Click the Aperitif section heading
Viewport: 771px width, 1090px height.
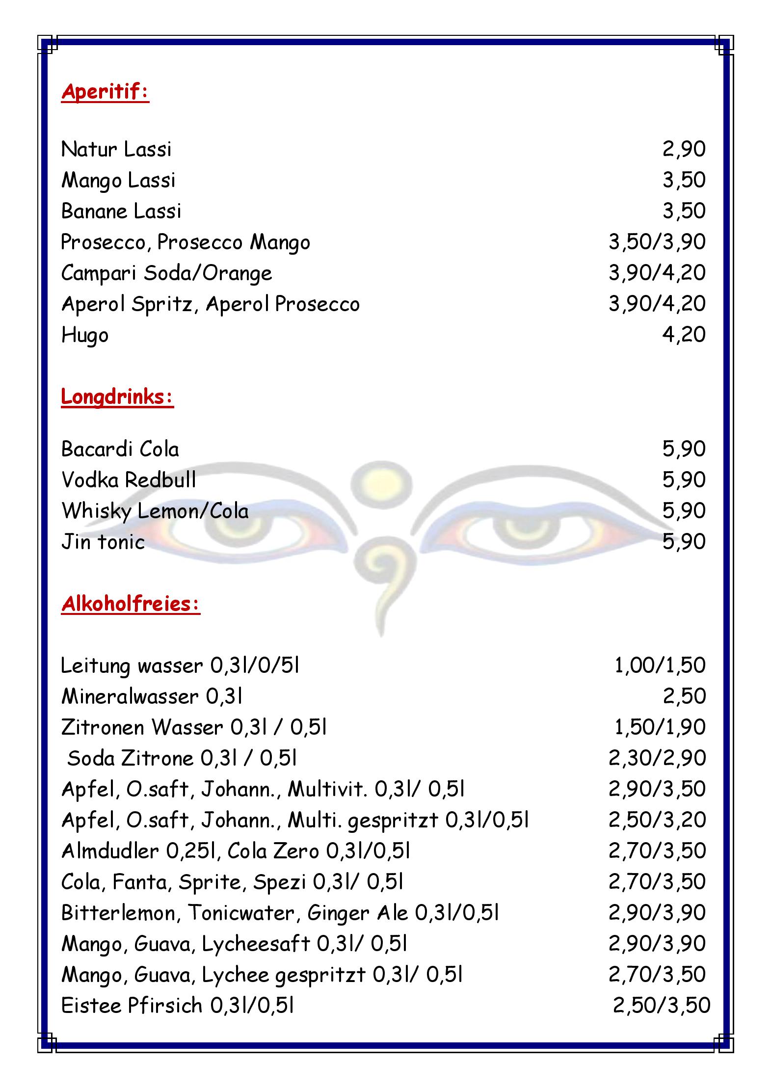(105, 92)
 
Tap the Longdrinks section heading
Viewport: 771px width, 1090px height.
(117, 397)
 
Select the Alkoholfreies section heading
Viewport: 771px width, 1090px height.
(131, 604)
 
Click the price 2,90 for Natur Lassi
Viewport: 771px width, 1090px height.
(684, 149)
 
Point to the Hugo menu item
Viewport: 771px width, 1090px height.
(84, 336)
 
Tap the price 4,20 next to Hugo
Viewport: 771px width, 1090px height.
(684, 335)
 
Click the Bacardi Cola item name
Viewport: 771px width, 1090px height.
(120, 449)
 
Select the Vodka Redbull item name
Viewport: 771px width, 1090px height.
(129, 480)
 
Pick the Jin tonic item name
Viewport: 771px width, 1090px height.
(103, 542)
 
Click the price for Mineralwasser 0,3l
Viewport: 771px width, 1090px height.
(684, 696)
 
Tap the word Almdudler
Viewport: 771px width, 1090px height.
(110, 851)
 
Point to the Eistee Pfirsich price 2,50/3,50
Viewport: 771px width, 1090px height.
(661, 1005)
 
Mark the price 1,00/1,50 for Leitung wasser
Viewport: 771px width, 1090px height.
(660, 665)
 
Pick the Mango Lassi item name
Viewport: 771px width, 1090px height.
(118, 180)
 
